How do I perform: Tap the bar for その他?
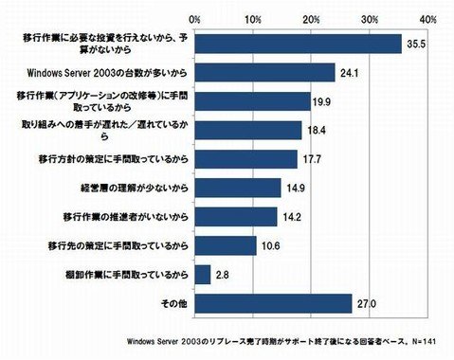point(273,303)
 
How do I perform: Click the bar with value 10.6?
point(225,245)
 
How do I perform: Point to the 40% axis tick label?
point(427,18)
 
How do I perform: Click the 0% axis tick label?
point(194,18)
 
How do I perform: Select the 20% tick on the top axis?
point(311,18)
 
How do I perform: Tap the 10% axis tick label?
point(253,18)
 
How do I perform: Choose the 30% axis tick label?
point(369,18)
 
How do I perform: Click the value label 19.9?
point(324,101)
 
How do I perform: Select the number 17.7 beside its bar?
point(312,159)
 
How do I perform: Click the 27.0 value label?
point(366,304)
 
